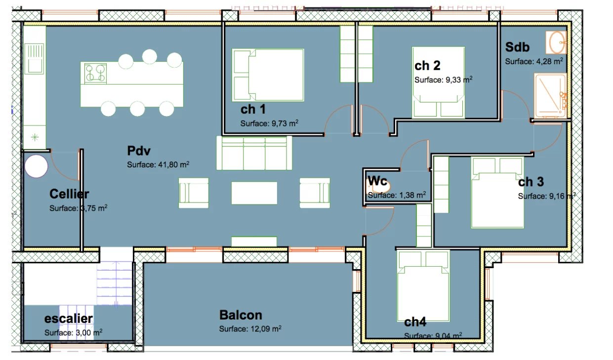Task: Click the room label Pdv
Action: [x=138, y=150]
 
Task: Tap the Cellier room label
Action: [x=69, y=194]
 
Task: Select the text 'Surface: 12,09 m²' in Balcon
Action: [x=250, y=328]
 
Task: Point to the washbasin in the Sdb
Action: [x=557, y=42]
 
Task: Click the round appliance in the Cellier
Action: [x=37, y=166]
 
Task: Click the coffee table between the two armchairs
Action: [x=254, y=193]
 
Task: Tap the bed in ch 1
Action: [x=268, y=75]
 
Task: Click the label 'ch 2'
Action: [x=427, y=66]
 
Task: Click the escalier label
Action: [x=68, y=319]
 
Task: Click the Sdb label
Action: [x=517, y=47]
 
